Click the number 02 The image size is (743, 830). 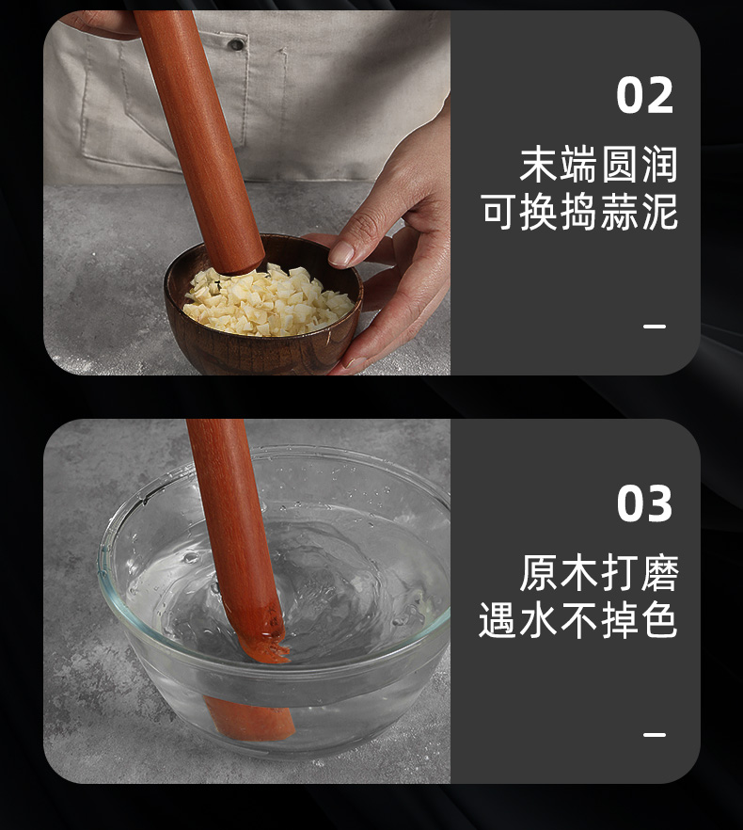pos(644,95)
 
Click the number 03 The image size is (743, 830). pos(644,503)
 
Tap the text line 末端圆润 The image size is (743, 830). pos(598,165)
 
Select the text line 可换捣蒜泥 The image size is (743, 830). pos(579,212)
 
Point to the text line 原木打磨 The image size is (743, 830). pos(598,573)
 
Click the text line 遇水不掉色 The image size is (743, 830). pos(577,619)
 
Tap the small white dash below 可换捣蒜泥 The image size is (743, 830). pos(655,326)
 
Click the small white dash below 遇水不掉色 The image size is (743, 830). pos(655,734)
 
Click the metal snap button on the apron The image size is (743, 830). pos(236,44)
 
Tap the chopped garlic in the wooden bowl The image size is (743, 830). pos(269,302)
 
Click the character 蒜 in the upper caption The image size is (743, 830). pos(619,212)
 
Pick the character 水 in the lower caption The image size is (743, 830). pos(539,619)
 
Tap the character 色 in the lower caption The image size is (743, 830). pos(659,619)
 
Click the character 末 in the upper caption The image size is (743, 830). pos(539,165)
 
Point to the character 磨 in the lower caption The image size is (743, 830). pos(659,573)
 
